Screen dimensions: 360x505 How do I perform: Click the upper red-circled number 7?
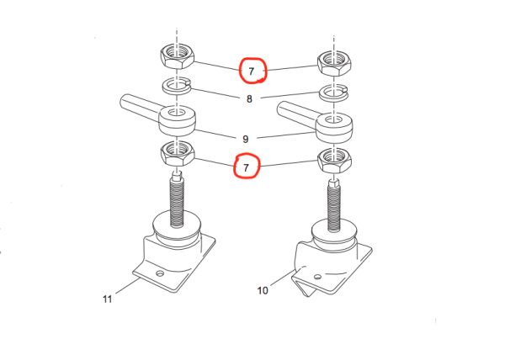[252, 71]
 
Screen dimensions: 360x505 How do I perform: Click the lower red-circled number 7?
[246, 167]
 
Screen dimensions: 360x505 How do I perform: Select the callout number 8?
[249, 99]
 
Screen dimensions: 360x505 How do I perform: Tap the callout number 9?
[245, 138]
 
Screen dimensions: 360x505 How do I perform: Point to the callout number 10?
[263, 291]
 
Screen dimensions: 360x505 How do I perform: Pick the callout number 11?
[107, 299]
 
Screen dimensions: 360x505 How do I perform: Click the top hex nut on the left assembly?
[177, 58]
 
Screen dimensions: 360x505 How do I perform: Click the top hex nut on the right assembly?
[333, 63]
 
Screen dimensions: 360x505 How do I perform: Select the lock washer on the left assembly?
[176, 86]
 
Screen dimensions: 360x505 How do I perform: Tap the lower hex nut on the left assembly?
[176, 152]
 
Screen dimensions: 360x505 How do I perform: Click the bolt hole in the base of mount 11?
[160, 273]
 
